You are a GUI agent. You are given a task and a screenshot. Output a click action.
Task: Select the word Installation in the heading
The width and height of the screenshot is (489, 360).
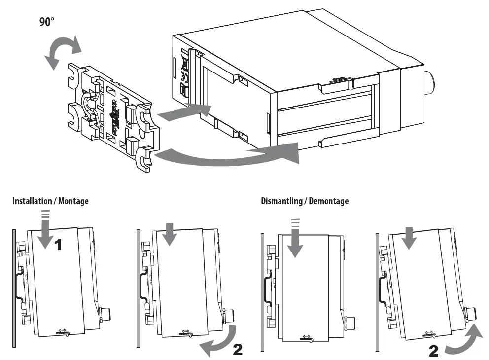pos(32,201)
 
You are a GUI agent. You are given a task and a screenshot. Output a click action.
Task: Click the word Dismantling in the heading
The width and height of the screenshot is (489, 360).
pos(282,201)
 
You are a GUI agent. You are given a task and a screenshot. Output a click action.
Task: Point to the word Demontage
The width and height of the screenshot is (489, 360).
pos(331,201)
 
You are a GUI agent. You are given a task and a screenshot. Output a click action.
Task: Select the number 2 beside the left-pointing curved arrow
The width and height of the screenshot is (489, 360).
pos(237,350)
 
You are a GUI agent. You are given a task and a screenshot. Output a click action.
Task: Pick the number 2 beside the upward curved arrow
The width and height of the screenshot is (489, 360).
pos(434,351)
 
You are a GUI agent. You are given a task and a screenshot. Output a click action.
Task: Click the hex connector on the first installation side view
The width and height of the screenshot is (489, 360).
pos(105,313)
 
